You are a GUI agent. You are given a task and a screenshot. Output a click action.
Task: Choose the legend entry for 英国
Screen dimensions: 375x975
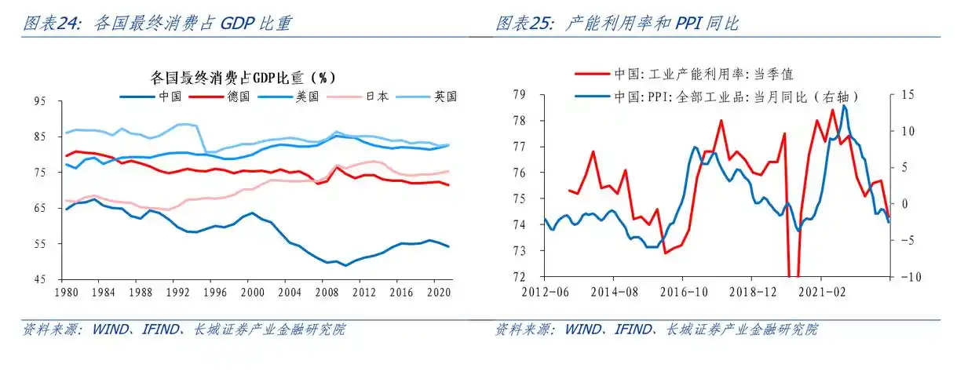[444, 96]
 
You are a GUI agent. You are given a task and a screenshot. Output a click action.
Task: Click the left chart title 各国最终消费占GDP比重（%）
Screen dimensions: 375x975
[243, 77]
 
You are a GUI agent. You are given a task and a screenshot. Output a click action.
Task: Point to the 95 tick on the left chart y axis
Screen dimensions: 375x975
[39, 101]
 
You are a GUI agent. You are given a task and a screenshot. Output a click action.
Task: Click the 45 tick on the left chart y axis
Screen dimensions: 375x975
[39, 279]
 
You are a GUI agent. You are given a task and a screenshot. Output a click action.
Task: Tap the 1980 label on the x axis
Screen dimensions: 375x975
[67, 291]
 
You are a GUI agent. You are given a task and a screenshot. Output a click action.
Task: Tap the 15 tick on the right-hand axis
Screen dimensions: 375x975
[908, 95]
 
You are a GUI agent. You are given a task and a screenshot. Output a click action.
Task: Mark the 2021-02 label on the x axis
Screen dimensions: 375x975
[820, 291]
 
